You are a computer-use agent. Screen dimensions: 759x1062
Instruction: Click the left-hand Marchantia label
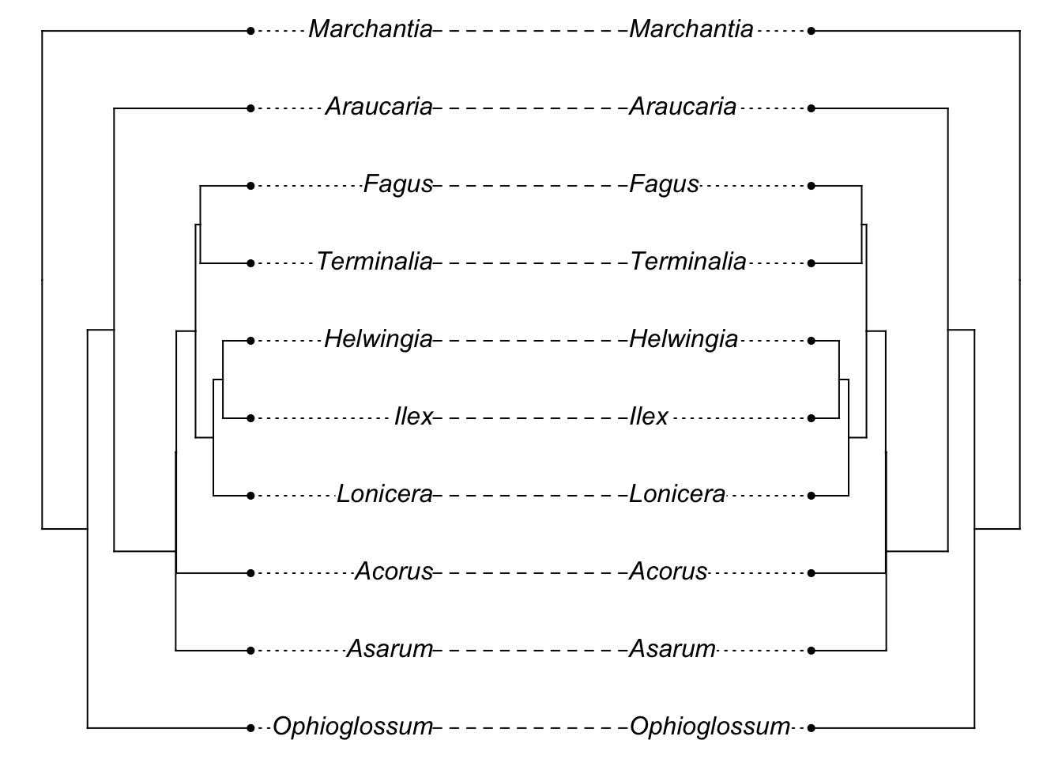[371, 30]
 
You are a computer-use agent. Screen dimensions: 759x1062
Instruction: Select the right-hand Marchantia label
[691, 30]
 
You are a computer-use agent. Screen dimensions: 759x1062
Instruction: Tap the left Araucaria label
[379, 107]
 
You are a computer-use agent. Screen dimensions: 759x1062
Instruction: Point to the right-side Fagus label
[664, 185]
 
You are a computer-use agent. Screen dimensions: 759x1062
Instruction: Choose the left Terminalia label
[375, 262]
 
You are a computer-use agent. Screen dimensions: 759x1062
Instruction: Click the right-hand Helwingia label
[684, 340]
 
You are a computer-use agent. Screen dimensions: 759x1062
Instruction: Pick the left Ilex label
[413, 417]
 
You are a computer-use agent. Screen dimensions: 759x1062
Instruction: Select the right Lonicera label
[677, 495]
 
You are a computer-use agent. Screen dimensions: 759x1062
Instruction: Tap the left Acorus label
[394, 572]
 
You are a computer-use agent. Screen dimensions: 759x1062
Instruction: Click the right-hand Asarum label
[672, 650]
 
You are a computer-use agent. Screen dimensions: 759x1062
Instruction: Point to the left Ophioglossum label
[352, 727]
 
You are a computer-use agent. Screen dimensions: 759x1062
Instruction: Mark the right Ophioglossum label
[710, 727]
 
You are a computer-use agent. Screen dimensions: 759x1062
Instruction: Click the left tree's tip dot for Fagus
[250, 186]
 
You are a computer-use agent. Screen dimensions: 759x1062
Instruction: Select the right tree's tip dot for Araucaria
[812, 108]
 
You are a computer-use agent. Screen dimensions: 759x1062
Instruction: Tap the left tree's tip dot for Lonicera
[250, 496]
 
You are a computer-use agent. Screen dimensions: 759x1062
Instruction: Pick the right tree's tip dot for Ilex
[812, 418]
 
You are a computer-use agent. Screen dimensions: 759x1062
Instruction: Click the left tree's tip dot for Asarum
[250, 651]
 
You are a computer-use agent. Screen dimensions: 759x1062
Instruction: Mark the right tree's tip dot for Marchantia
[812, 31]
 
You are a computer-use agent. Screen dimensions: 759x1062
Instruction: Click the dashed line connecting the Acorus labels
[531, 572]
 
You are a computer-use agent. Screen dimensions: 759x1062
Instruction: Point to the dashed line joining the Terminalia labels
[531, 262]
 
